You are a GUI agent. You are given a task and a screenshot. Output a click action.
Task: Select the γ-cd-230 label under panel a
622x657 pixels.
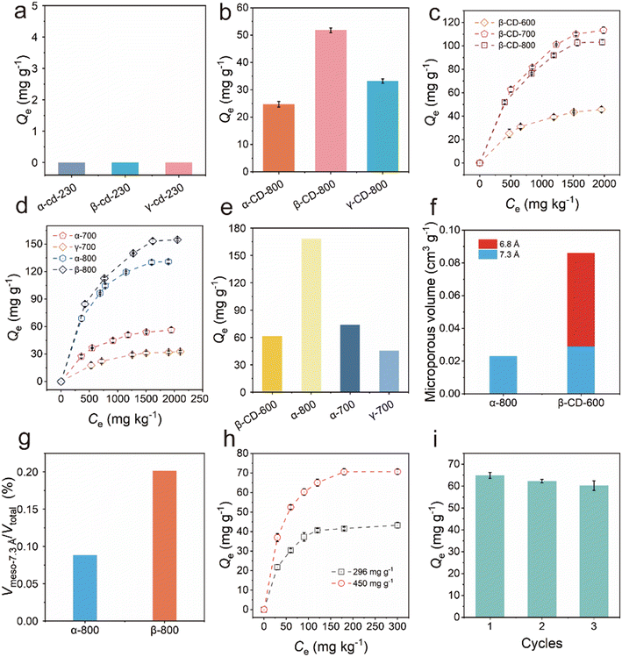(178, 194)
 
